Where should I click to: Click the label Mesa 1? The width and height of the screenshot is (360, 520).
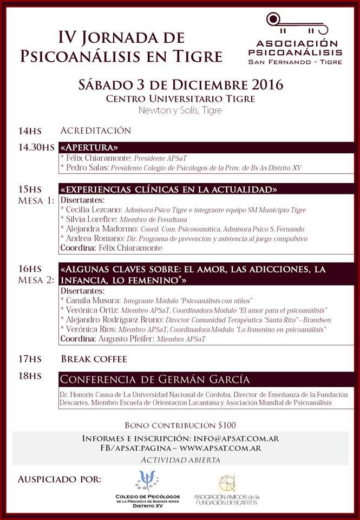click(36, 200)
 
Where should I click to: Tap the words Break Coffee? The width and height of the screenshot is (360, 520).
click(94, 359)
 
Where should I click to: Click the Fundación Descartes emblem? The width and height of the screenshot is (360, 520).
click(227, 483)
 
